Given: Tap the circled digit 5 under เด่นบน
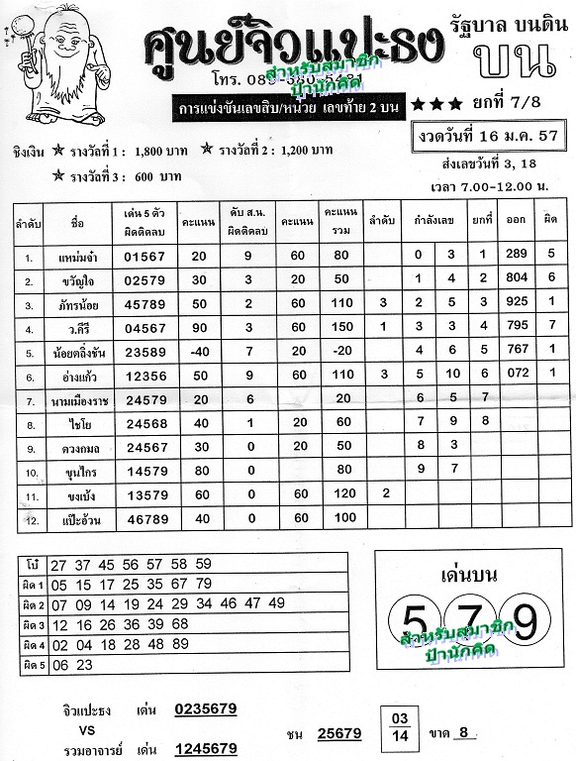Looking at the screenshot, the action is [x=414, y=620].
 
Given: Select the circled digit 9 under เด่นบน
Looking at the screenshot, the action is [x=523, y=620].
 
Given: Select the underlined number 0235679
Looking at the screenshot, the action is [x=205, y=708].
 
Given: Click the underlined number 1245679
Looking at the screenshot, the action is [x=205, y=748].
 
